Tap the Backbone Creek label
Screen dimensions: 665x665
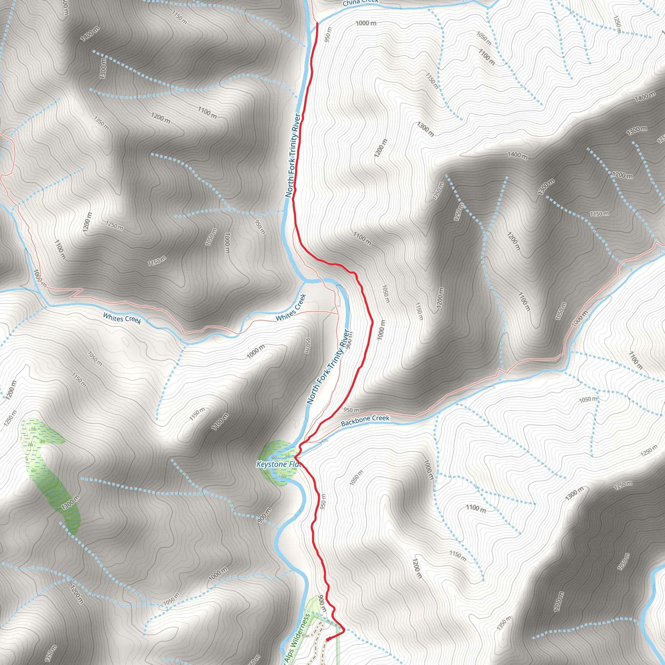point(365,420)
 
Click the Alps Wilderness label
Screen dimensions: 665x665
point(297,637)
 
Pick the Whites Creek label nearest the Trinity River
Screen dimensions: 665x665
point(291,307)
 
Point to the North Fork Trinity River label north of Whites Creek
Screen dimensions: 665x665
point(293,156)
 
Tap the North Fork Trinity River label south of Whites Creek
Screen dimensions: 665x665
point(328,367)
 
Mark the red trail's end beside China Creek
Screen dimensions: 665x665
point(317,23)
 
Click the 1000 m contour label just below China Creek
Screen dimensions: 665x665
point(366,23)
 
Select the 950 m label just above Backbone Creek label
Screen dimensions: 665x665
point(351,410)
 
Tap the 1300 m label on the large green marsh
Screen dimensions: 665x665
point(70,503)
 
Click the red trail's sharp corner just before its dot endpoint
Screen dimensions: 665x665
point(344,630)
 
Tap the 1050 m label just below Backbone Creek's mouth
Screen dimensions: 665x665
point(356,478)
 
